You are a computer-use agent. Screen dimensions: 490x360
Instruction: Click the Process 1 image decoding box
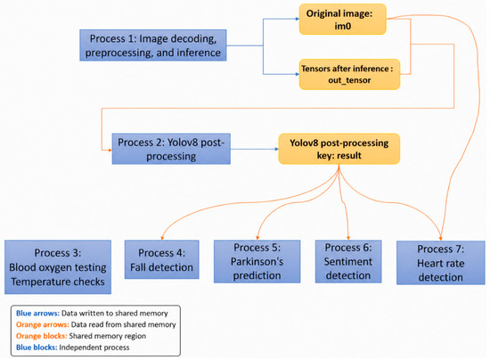click(153, 45)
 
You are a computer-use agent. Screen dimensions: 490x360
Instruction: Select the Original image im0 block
click(342, 20)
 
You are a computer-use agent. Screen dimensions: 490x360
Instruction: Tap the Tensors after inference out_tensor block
click(349, 74)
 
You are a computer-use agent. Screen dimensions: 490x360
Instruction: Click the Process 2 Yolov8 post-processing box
click(171, 149)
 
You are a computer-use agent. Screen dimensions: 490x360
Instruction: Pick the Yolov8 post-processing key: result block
click(339, 149)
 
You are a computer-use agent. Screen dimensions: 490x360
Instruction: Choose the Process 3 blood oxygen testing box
click(58, 266)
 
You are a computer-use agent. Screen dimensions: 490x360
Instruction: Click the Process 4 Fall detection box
click(161, 259)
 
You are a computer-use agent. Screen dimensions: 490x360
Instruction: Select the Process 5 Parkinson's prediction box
click(257, 262)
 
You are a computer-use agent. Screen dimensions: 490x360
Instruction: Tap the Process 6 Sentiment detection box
click(348, 262)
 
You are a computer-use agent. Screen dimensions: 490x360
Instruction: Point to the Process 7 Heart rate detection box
click(441, 263)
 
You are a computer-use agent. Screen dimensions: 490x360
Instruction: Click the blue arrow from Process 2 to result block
click(255, 149)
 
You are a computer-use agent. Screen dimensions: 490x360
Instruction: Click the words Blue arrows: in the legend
click(37, 313)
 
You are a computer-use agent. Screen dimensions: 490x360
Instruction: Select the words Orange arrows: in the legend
click(43, 324)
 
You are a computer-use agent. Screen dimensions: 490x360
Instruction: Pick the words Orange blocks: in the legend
click(42, 336)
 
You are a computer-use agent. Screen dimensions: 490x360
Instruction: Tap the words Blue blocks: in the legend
click(37, 348)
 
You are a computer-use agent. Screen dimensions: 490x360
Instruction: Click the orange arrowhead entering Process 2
click(110, 151)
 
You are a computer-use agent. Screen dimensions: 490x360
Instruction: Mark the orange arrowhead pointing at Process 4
click(162, 238)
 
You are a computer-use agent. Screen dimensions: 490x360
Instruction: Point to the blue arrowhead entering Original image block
click(298, 19)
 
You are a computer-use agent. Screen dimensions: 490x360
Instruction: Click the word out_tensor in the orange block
click(349, 80)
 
